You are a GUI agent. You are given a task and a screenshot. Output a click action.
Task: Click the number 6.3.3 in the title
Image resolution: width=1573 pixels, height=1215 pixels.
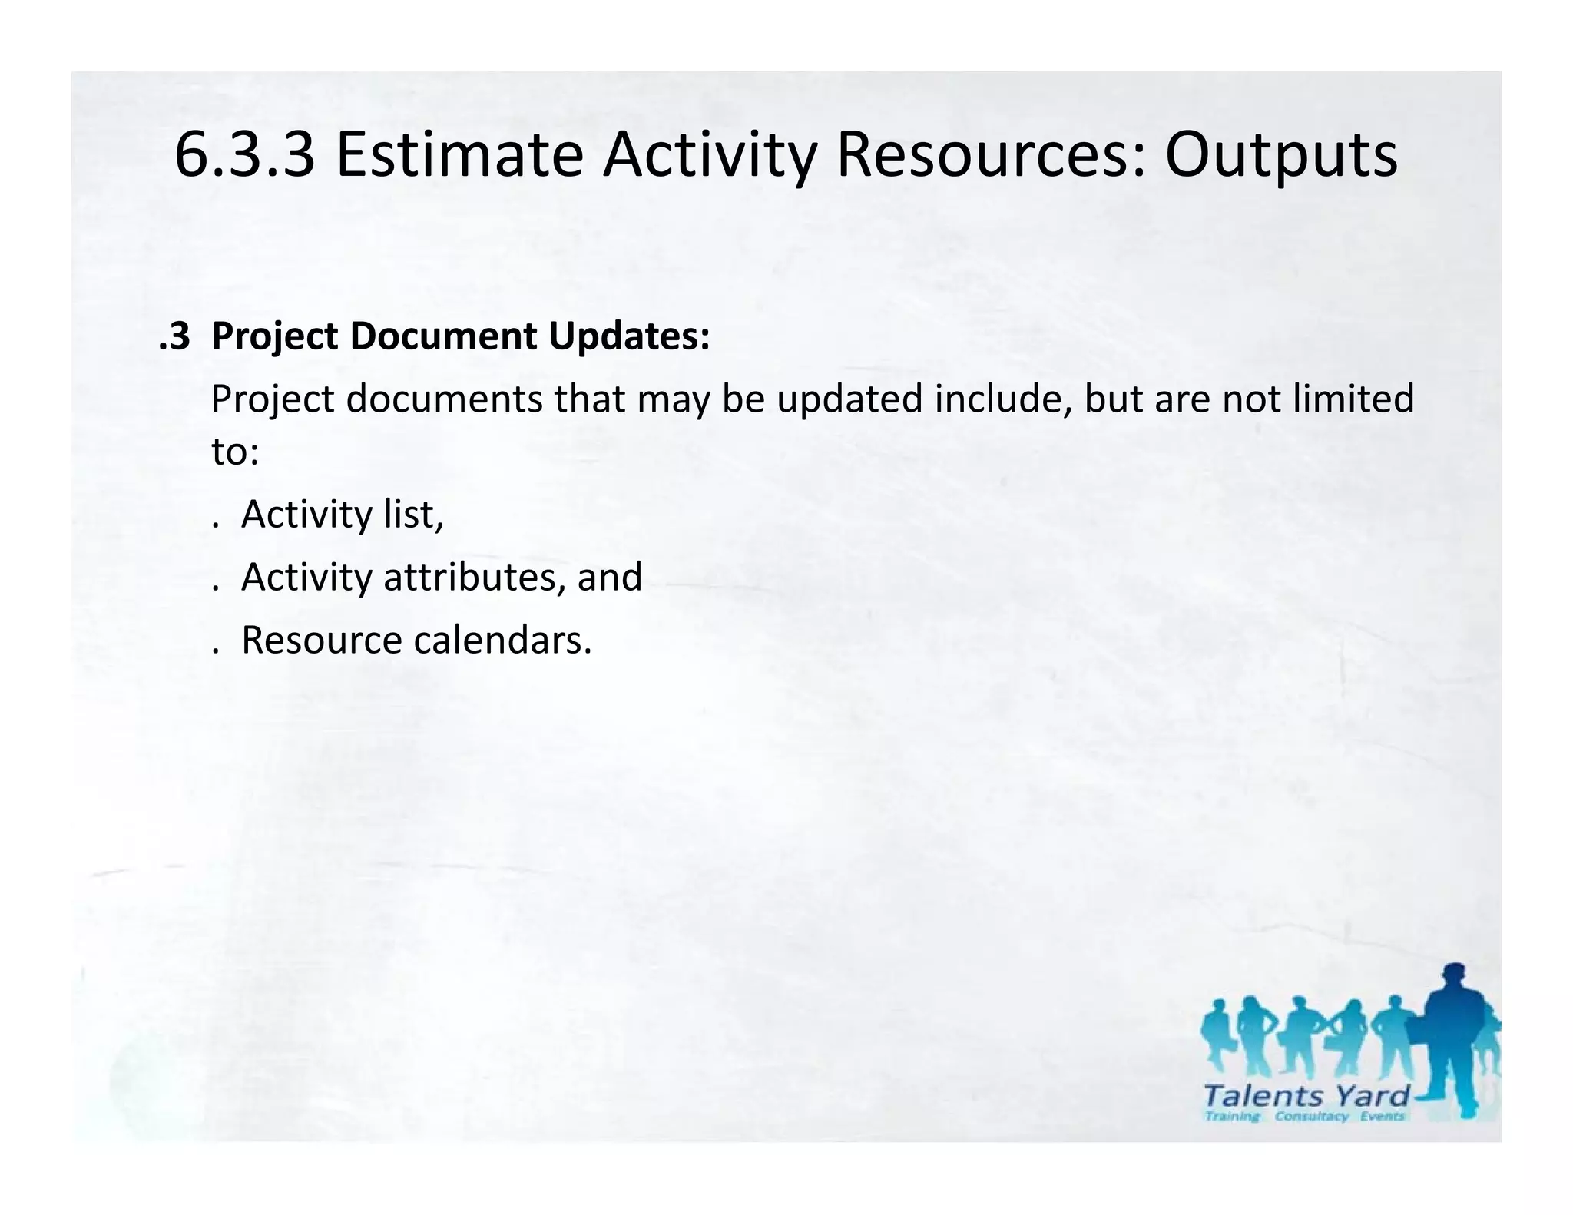244,156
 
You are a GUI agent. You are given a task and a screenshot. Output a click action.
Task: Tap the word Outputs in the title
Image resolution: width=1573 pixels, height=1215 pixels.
1280,156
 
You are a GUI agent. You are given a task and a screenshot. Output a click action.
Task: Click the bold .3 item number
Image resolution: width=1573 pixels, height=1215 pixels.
174,336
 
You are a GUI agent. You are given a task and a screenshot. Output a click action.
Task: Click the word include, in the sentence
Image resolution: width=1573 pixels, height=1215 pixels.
1002,399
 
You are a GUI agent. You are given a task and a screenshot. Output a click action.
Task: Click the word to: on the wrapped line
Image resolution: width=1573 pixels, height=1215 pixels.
235,452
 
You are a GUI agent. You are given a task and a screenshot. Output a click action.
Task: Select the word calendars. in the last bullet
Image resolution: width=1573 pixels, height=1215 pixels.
503,641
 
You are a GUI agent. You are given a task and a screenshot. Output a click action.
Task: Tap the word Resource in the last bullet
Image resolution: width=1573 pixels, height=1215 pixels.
321,641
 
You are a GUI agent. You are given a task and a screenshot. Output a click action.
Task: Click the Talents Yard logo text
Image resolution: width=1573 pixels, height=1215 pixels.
1306,1096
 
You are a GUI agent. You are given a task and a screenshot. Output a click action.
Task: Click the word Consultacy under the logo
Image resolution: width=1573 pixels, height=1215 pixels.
1311,1117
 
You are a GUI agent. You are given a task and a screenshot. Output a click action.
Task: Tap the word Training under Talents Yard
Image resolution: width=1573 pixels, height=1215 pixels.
1232,1117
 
